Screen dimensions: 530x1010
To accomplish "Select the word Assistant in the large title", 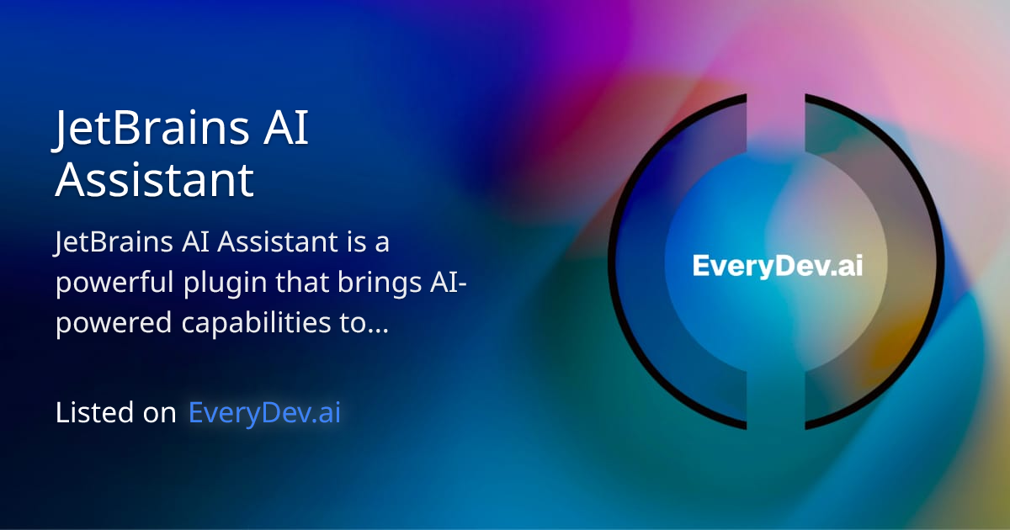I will [154, 179].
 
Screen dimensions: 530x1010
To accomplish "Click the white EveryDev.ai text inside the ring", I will [777, 266].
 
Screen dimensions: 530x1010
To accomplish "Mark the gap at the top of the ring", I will [776, 101].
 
